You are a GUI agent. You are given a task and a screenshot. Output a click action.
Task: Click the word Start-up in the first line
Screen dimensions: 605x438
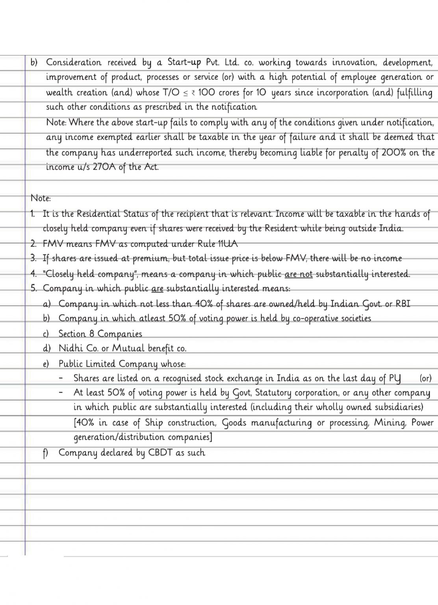(184, 62)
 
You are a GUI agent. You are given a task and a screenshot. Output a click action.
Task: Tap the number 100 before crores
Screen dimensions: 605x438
(206, 93)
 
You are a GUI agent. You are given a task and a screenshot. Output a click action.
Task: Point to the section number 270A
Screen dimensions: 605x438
(104, 167)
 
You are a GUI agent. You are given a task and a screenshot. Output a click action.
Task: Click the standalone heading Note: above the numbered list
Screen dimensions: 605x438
(41, 198)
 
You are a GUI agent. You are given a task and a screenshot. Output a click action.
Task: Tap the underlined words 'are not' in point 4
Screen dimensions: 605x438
(298, 274)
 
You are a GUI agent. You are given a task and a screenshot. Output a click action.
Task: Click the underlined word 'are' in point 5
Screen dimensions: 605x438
(157, 289)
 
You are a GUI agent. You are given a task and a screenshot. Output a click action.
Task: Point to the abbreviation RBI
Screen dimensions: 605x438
(403, 304)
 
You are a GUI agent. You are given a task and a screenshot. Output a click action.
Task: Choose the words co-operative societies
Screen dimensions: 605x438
(332, 318)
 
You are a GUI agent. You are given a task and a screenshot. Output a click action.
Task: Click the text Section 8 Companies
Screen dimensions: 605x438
(100, 334)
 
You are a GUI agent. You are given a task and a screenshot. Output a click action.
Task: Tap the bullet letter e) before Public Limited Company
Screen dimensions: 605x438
(46, 364)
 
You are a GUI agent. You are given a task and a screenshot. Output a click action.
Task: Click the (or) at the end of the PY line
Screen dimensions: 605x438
(425, 379)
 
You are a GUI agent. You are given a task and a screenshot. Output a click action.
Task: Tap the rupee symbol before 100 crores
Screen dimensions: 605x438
(193, 93)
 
